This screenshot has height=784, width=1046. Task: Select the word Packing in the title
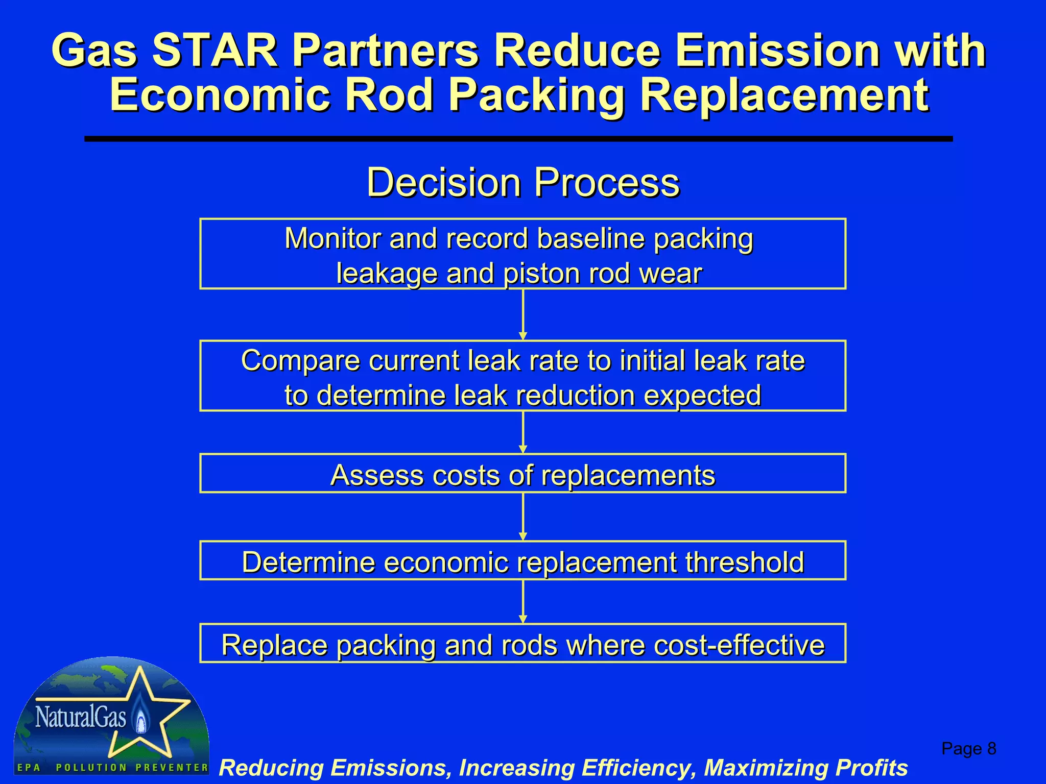(x=537, y=95)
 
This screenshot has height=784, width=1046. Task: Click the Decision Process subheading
(x=523, y=182)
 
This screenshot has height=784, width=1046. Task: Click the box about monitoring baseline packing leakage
(x=522, y=254)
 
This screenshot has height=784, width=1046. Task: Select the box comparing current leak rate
(x=522, y=376)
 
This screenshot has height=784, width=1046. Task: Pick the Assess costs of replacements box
(x=522, y=474)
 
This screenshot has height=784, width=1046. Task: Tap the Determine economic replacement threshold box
(x=522, y=561)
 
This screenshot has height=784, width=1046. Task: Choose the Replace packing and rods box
(x=522, y=644)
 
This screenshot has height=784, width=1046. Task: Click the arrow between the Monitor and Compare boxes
(x=522, y=314)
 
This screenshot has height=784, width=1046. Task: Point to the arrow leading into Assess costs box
(x=522, y=432)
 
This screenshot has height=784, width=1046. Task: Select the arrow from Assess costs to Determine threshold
(x=522, y=517)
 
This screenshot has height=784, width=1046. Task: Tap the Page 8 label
(x=968, y=749)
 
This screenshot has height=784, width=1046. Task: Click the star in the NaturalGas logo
(x=153, y=715)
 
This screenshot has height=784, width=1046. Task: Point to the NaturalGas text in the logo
(x=81, y=717)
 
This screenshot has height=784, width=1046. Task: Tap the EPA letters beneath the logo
(x=29, y=768)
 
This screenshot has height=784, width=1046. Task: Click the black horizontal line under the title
(x=518, y=139)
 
